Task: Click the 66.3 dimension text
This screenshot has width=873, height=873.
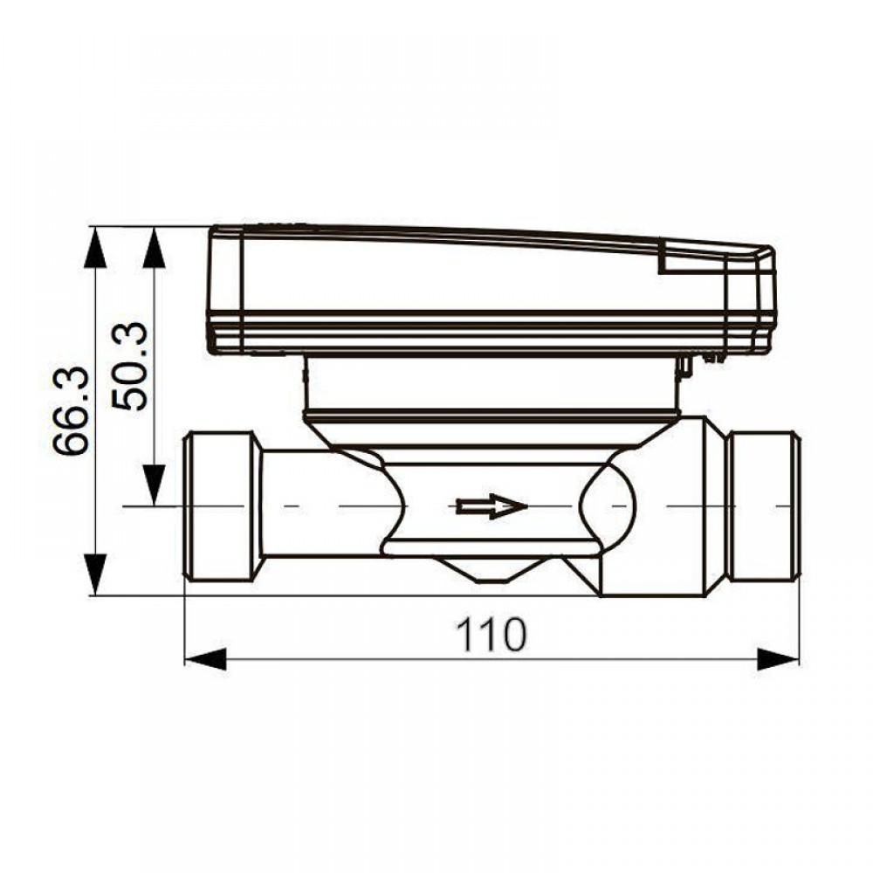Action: pos(72,410)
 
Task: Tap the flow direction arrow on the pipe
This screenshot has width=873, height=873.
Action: pos(491,506)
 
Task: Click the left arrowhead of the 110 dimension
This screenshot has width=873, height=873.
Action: pos(206,659)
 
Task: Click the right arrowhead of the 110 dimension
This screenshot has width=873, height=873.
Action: pos(777,659)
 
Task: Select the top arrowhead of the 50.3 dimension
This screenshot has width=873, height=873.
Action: pos(155,249)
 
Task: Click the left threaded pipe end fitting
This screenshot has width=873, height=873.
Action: pos(223,506)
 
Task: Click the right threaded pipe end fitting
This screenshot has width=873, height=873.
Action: pos(763,506)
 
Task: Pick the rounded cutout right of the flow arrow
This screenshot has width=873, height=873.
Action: pos(607,506)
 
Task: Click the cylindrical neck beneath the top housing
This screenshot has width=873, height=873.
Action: pos(489,384)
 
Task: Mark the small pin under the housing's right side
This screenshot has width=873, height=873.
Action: pos(685,367)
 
